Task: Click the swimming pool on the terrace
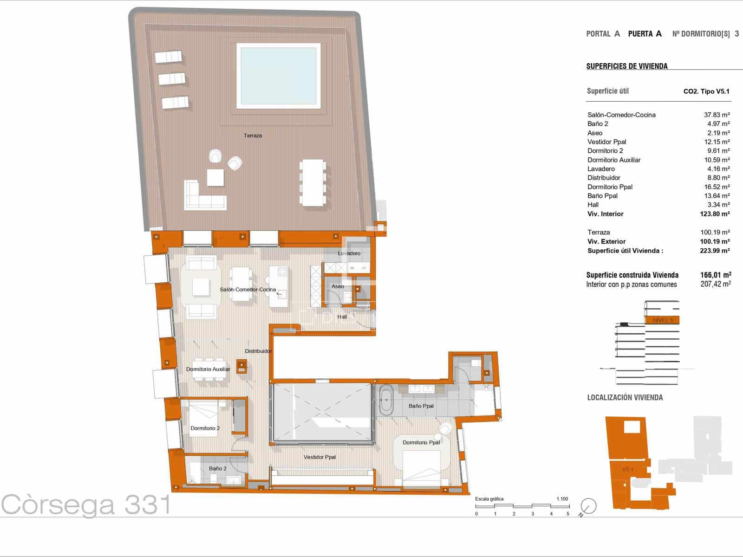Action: point(279,75)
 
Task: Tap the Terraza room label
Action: point(253,136)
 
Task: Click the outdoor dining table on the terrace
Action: point(313,182)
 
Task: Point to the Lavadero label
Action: point(349,253)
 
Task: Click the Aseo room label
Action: point(338,286)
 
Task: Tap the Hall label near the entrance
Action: point(342,317)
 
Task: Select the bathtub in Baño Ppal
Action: point(386,400)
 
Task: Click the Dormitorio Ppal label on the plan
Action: point(421,442)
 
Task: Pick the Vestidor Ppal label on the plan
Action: point(319,457)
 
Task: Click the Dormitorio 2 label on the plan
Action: point(205,428)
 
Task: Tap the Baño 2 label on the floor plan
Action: point(217,468)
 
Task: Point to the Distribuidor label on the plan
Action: point(258,351)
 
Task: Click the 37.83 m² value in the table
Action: point(717,115)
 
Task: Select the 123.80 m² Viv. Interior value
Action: point(715,214)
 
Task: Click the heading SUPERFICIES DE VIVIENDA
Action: point(627,66)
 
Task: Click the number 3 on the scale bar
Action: point(532,514)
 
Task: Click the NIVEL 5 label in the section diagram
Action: point(662,320)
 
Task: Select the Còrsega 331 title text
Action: point(86,505)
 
